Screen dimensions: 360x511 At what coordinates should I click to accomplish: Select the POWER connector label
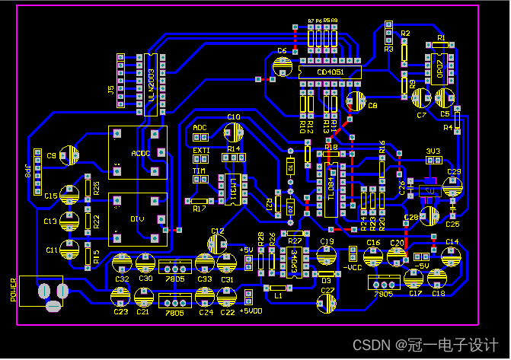(x=13, y=289)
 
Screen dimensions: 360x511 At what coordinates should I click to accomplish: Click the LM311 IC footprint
(x=232, y=187)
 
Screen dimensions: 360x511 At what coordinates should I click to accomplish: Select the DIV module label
(x=137, y=219)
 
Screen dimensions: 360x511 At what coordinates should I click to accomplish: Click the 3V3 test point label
(x=433, y=151)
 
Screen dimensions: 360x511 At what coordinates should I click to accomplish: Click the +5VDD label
(x=252, y=311)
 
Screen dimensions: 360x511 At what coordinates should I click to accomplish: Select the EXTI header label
(x=201, y=151)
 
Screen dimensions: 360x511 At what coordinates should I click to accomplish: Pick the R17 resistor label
(x=200, y=209)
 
